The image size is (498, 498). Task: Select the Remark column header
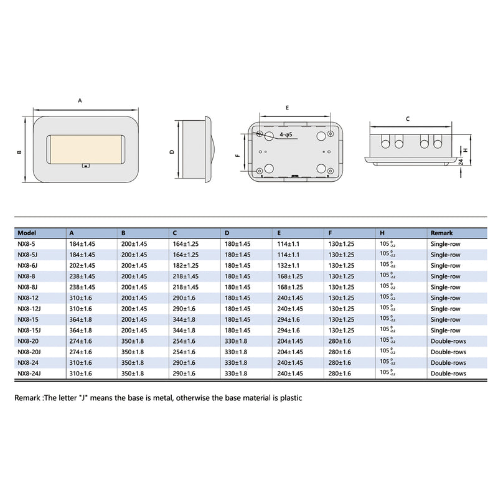point(441,232)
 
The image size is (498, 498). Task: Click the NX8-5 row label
point(27,243)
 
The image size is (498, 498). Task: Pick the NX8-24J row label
point(29,374)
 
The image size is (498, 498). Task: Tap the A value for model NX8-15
point(82,319)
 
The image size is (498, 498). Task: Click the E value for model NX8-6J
point(289,265)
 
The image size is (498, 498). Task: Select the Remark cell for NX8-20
point(448,341)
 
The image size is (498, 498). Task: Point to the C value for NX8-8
point(186,276)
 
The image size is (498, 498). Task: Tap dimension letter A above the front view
point(80,100)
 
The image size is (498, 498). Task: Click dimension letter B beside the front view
point(19,151)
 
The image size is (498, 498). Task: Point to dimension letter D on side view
point(172,151)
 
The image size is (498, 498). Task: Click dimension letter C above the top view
point(407,118)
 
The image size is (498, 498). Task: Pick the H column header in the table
point(382,232)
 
